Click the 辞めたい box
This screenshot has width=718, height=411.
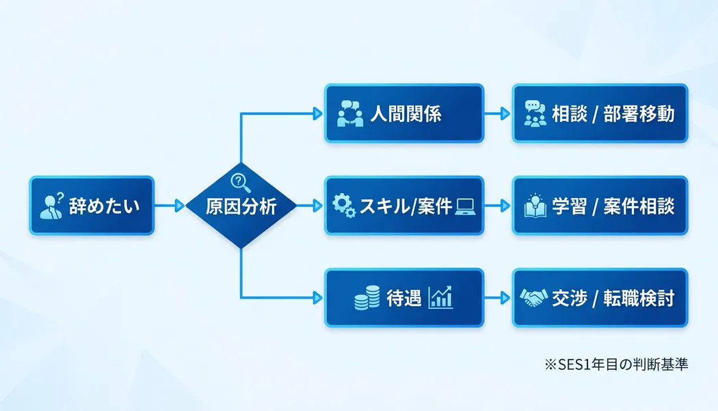[92, 206]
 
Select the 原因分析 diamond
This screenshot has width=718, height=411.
[241, 206]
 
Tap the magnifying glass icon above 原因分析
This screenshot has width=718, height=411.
[240, 182]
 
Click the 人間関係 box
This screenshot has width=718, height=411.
[403, 113]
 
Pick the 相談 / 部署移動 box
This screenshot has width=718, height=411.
[600, 113]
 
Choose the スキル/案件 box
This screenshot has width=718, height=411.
[403, 206]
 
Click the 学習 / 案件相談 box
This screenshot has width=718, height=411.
[600, 206]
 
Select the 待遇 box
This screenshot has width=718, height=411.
[403, 298]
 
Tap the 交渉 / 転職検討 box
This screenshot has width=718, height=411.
[600, 298]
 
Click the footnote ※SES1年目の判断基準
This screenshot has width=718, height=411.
[615, 364]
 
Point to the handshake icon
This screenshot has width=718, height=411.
[533, 298]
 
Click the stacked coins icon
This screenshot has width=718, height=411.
[367, 299]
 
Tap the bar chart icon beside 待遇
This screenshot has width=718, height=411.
[440, 297]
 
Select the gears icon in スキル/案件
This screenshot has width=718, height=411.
[343, 206]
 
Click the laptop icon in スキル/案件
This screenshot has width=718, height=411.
[465, 205]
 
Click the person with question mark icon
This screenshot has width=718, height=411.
[53, 206]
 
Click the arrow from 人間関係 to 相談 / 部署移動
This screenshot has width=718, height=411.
[497, 113]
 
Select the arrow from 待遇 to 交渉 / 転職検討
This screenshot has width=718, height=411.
[497, 298]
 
